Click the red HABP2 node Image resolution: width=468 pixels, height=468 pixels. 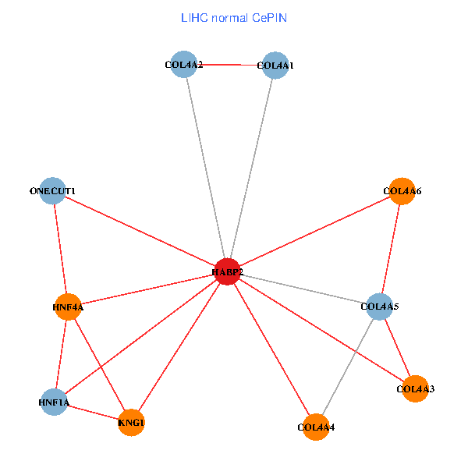pos(227,271)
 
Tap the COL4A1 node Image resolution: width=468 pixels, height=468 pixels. pos(275,66)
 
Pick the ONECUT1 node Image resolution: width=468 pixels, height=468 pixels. pos(52,191)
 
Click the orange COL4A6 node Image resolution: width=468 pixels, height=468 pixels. pos(402,190)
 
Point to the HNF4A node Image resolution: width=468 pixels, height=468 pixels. pos(68,307)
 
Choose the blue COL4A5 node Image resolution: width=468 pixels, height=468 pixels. pos(380,307)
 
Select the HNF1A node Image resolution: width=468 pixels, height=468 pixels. pos(54,402)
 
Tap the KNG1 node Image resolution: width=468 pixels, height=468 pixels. pos(131,423)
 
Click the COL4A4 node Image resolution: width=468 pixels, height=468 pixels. pos(315,427)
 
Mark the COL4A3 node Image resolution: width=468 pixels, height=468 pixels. pos(415,388)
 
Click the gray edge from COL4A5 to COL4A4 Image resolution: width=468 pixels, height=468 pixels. pos(348,367)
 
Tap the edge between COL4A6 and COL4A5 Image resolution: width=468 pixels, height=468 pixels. pos(391,248)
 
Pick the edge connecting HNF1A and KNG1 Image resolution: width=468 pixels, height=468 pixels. pos(92,412)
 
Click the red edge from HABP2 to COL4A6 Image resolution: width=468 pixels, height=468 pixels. pos(314,231)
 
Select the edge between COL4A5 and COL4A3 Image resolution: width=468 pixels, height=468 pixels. pos(397,347)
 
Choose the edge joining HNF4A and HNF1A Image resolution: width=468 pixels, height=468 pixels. pos(61,355)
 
